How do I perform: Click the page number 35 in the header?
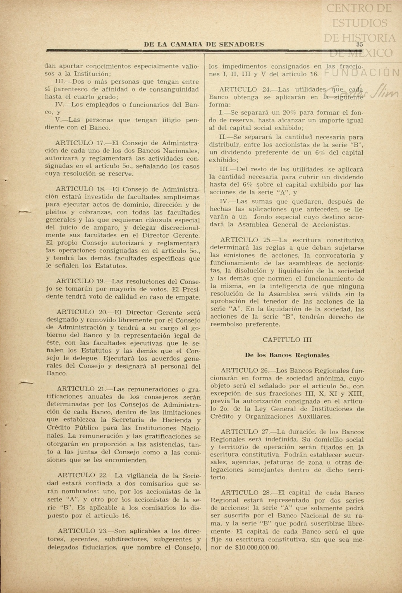click(359, 44)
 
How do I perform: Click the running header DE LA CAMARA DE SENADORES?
click(204, 44)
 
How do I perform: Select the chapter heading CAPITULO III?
click(287, 340)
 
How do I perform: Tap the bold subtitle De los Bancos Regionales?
click(287, 355)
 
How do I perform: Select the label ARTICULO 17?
click(80, 143)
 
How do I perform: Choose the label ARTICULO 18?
click(80, 189)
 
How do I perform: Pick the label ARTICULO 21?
click(81, 389)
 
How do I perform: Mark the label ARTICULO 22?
click(81, 475)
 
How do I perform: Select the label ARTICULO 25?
click(243, 240)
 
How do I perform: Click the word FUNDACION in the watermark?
click(362, 73)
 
